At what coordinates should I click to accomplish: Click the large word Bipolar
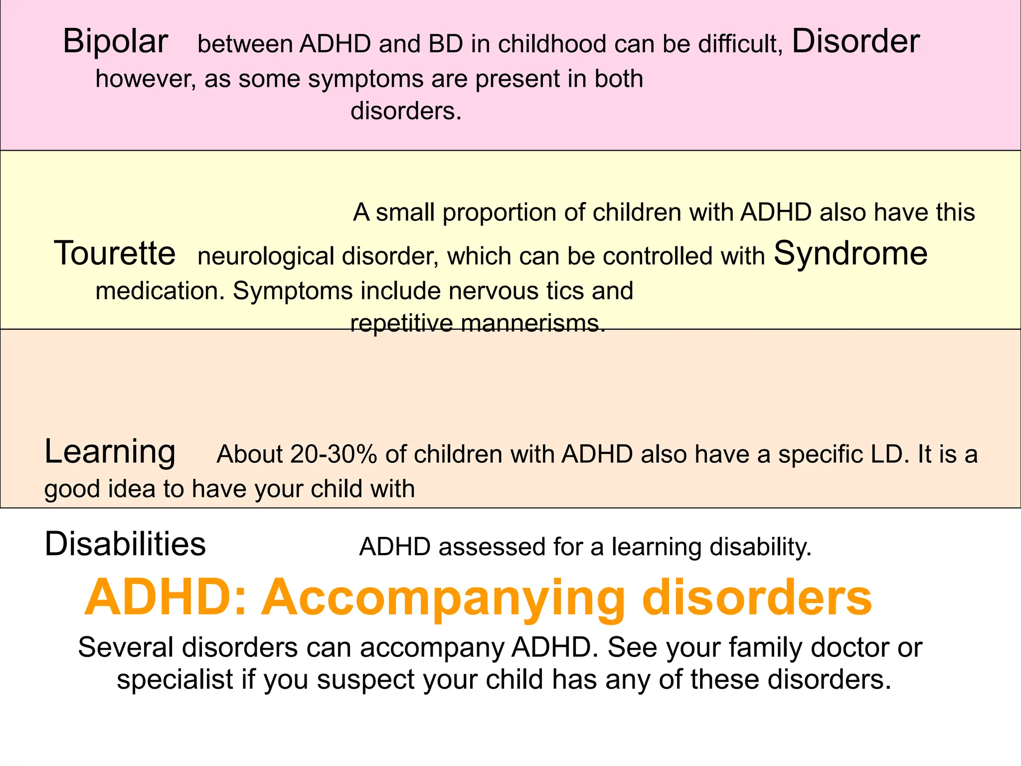115,41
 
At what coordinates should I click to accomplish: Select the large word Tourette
115,253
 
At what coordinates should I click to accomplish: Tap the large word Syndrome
851,254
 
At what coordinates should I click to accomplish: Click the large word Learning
110,452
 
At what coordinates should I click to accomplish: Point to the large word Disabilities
125,544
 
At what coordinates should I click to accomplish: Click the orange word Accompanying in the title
444,598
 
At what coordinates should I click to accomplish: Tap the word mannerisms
532,324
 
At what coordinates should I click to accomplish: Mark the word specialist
175,680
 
